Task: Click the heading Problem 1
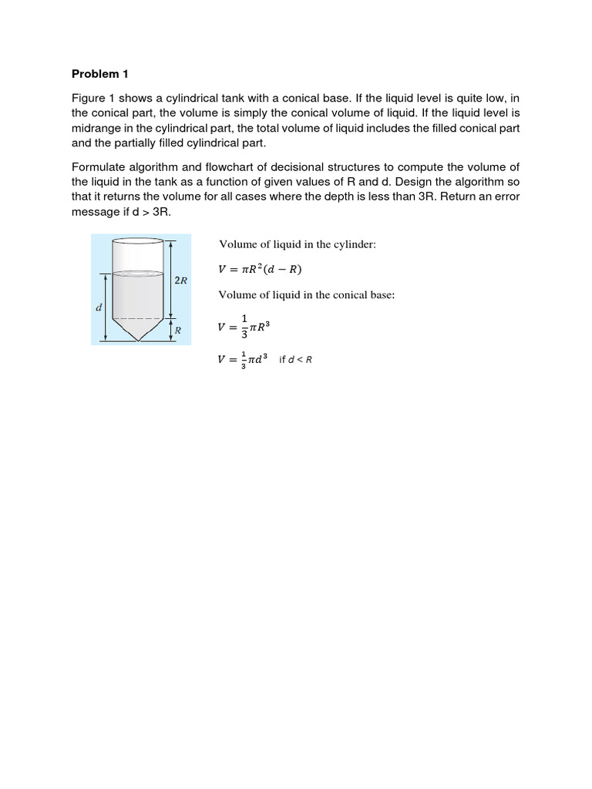coord(99,74)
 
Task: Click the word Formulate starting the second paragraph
coord(99,167)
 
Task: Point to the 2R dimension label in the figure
coord(180,280)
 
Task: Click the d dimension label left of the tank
coord(98,307)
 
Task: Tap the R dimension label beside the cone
coord(177,330)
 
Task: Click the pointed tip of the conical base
coord(137,341)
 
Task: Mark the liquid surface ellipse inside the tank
coord(137,274)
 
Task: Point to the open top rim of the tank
coord(137,240)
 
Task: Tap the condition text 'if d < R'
coord(295,360)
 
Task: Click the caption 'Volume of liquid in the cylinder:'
coord(297,244)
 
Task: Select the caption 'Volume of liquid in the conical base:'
coord(306,294)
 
